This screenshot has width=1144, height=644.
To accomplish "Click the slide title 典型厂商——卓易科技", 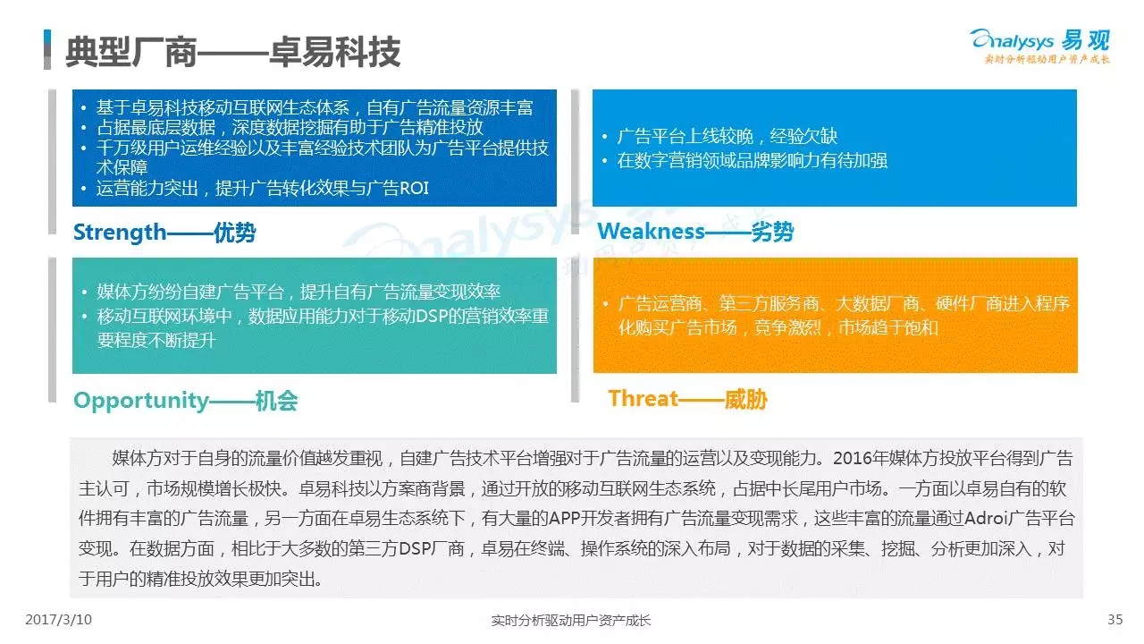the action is click(x=233, y=52).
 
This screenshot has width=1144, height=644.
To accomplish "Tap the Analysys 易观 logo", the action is click(x=1040, y=46).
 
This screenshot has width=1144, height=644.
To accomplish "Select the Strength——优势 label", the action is click(x=164, y=233).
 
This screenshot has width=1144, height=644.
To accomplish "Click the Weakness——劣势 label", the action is click(x=695, y=232).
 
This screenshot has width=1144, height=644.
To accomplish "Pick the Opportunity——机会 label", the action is click(x=186, y=400).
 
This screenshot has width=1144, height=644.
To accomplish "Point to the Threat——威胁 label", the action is click(x=687, y=399).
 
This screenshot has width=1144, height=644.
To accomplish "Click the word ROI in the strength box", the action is click(x=414, y=188).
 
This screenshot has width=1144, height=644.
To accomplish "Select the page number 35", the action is click(x=1115, y=620).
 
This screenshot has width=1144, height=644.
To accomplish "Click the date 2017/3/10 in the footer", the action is click(x=59, y=620).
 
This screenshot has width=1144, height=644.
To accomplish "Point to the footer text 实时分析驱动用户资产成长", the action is click(x=571, y=621).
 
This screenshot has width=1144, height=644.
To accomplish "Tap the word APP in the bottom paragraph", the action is click(x=565, y=518).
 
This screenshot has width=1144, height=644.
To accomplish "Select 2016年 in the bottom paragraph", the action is click(x=861, y=458).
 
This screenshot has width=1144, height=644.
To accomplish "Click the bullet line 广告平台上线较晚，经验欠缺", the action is click(x=728, y=136).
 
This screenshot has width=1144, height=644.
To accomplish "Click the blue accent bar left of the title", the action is click(x=47, y=49).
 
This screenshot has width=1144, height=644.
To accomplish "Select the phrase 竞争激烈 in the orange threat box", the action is click(x=787, y=327).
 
